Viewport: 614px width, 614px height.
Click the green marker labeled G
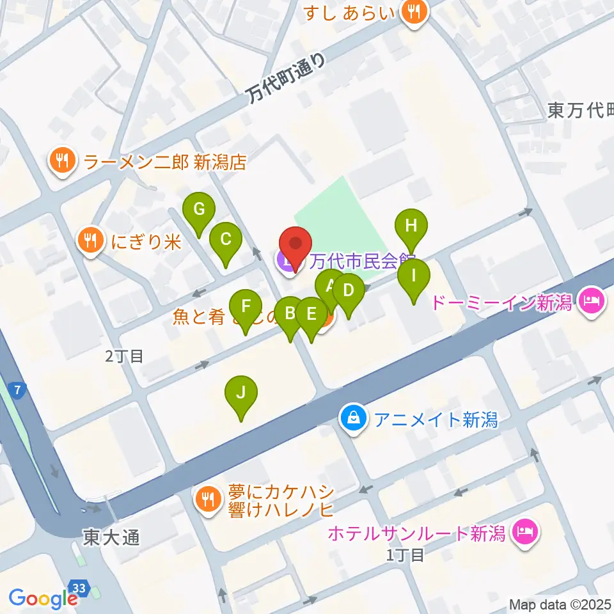(199, 210)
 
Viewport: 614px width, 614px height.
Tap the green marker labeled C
(225, 240)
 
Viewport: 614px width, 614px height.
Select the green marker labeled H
(411, 226)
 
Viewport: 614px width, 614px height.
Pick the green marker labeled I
(414, 277)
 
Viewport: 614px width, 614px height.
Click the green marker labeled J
(240, 393)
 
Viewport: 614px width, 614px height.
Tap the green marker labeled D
(348, 292)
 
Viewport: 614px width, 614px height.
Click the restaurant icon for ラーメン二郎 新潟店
(62, 161)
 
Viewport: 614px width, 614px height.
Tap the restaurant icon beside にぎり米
(90, 240)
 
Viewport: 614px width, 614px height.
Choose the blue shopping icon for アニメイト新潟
(353, 419)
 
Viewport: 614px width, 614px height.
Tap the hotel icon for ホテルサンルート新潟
(526, 531)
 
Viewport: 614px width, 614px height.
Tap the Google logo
(43, 598)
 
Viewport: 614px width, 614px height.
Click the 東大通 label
(111, 539)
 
